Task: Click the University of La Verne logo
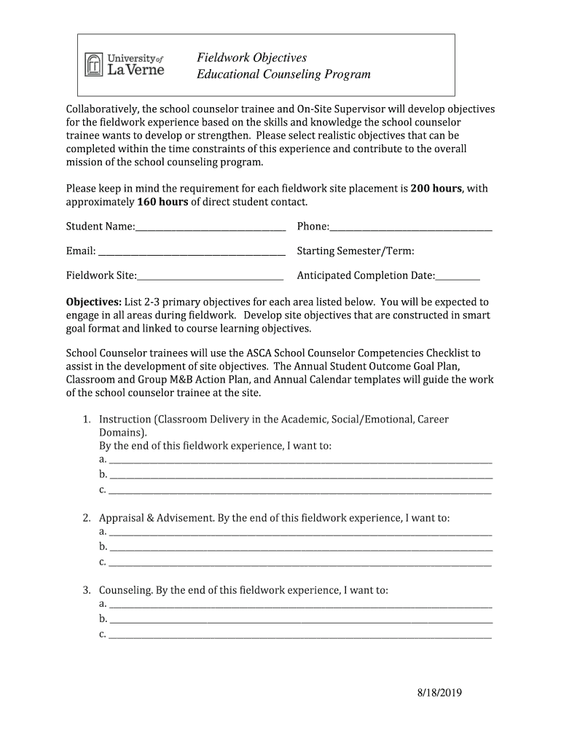coord(125,65)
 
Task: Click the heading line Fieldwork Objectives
coord(251,58)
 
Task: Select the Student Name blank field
coord(211,228)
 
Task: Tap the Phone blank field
coord(411,228)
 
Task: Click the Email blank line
coord(192,252)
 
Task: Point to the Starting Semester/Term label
coord(356,251)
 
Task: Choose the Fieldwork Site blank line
coord(211,276)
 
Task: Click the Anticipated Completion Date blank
coord(458,276)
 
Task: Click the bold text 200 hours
coord(436,188)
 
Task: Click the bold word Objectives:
coord(94,302)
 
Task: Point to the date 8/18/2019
coord(434,693)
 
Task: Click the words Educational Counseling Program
coord(283,74)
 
